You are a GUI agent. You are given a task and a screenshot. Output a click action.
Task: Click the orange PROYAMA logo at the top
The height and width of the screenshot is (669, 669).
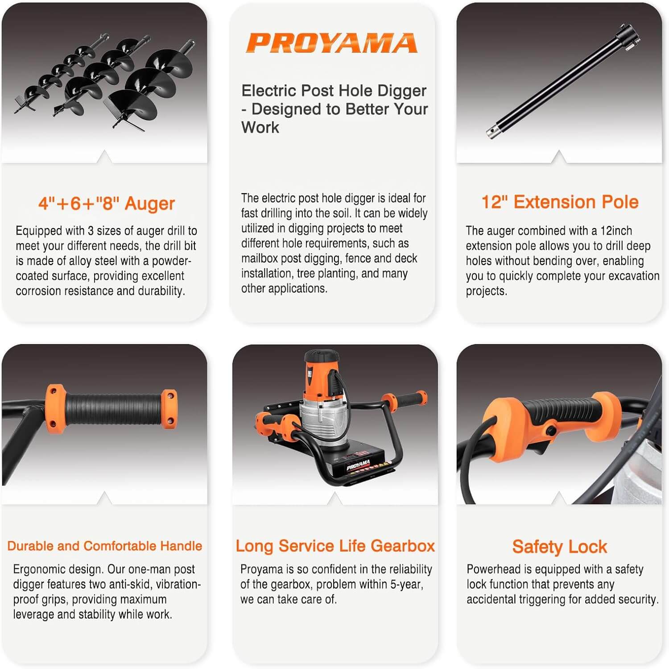[x=332, y=43]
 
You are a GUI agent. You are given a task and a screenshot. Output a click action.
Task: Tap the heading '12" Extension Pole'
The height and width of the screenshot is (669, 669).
[x=560, y=202]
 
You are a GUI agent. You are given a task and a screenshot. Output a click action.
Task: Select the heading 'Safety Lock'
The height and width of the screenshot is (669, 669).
[x=559, y=547]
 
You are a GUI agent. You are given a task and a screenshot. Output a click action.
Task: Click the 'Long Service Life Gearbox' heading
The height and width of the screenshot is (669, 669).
[x=335, y=546]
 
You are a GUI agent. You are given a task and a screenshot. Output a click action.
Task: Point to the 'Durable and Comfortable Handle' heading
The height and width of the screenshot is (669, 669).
[x=105, y=546]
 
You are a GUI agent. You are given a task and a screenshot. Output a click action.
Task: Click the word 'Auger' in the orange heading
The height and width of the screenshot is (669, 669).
[x=149, y=204]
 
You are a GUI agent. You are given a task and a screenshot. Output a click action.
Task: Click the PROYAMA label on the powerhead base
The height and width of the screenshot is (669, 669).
[x=358, y=465]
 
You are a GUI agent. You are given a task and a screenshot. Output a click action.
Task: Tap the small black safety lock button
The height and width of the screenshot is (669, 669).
[x=551, y=431]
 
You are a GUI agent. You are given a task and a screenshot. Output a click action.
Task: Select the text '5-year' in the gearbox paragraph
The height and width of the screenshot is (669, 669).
[x=405, y=584]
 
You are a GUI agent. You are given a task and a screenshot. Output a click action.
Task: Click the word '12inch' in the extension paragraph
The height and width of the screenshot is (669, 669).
[x=616, y=231]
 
